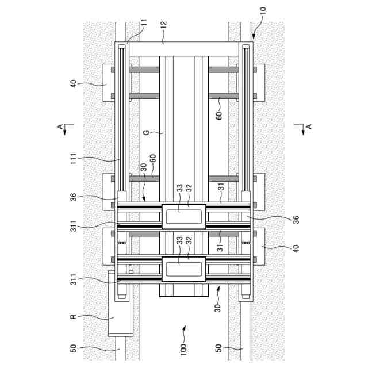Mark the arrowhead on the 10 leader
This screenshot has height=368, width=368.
[252, 38]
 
